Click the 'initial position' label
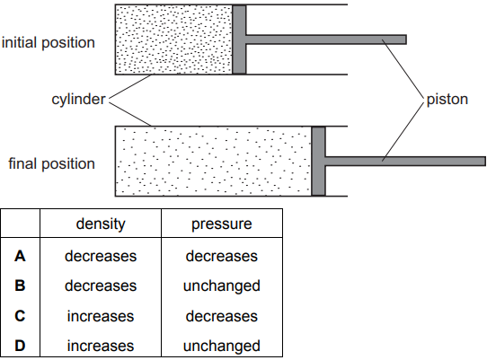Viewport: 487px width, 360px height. pos(49,43)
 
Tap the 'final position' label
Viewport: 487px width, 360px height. pos(51,164)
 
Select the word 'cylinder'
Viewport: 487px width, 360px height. pos(78,100)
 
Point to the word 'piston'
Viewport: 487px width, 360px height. pos(447,100)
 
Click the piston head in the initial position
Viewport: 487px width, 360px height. pos(239,40)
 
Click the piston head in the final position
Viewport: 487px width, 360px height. pos(318,161)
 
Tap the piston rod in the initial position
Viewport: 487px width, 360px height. pos(326,40)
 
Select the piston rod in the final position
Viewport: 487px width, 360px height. pos(405,161)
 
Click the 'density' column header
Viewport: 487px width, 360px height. pos(101,224)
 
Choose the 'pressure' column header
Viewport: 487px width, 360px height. pos(222,224)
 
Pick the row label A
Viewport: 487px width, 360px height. pos(20,257)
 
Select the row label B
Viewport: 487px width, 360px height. pos(20,285)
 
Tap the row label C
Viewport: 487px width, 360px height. pos(20,316)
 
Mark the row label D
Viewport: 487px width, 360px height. pos(20,346)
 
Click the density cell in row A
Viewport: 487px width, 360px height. pos(101,257)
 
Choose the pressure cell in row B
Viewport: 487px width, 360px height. pos(222,286)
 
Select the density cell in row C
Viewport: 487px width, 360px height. pos(101,316)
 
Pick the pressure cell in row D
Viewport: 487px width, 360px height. pos(222,347)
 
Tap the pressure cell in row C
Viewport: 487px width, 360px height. pos(222,316)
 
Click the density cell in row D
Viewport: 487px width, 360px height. pos(101,346)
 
